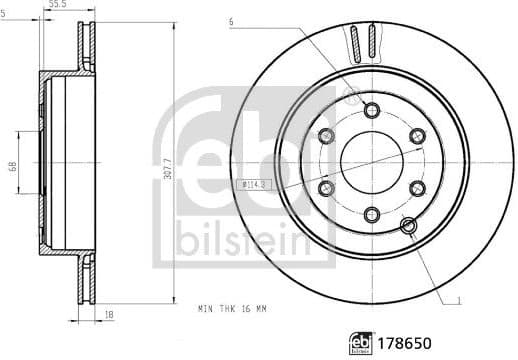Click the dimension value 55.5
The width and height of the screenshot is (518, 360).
point(64,6)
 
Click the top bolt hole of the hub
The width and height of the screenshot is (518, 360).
point(372,110)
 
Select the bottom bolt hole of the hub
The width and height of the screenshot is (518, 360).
point(372,212)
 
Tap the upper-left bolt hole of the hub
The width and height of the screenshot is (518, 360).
point(326,136)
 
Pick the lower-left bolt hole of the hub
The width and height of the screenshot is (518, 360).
point(326,187)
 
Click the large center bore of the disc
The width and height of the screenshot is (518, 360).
point(371,161)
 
